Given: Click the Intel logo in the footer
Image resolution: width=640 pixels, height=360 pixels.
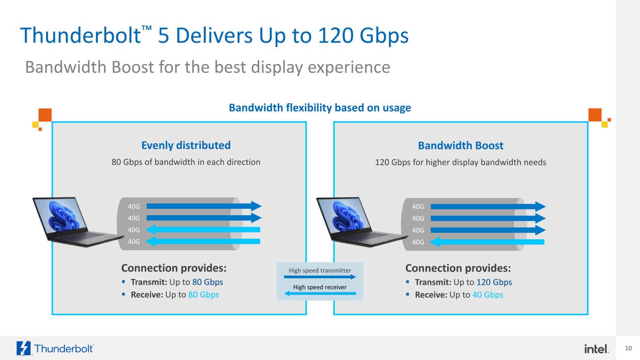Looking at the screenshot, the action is click(x=596, y=349).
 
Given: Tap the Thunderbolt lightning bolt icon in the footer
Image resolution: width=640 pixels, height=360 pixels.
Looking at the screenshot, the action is click(x=24, y=348).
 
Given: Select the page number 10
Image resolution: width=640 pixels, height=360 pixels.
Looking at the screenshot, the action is click(x=628, y=348).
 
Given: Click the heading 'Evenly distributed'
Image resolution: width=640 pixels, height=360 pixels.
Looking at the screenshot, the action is click(x=186, y=145).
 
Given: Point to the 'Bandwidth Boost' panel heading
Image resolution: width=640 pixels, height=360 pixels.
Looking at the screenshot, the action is click(x=460, y=145).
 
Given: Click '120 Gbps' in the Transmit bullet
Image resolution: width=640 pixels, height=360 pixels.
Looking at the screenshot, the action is click(x=494, y=282).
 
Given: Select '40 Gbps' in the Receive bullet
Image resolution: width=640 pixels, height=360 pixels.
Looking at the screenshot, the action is click(x=488, y=295).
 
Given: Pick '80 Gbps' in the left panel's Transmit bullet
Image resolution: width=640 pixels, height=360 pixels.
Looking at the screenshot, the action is click(x=208, y=282).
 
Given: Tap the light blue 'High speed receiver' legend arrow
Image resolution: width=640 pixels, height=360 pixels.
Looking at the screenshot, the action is click(x=320, y=293).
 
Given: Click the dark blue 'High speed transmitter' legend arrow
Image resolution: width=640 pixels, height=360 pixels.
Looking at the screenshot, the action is click(x=320, y=277).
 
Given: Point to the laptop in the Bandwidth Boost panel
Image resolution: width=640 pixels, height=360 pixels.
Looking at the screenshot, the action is click(x=362, y=222).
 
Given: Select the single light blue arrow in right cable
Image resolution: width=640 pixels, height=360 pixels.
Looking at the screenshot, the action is click(x=487, y=242).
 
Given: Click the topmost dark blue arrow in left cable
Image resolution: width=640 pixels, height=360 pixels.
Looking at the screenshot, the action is click(x=204, y=206).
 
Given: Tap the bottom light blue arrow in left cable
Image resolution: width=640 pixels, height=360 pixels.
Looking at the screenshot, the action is click(x=203, y=241).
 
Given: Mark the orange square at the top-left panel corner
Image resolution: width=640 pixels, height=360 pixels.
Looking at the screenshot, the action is click(x=45, y=115).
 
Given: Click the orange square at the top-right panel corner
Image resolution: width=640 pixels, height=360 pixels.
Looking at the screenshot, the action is click(x=595, y=115).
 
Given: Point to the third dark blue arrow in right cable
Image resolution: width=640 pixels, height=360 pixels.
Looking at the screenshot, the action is click(x=488, y=230).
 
